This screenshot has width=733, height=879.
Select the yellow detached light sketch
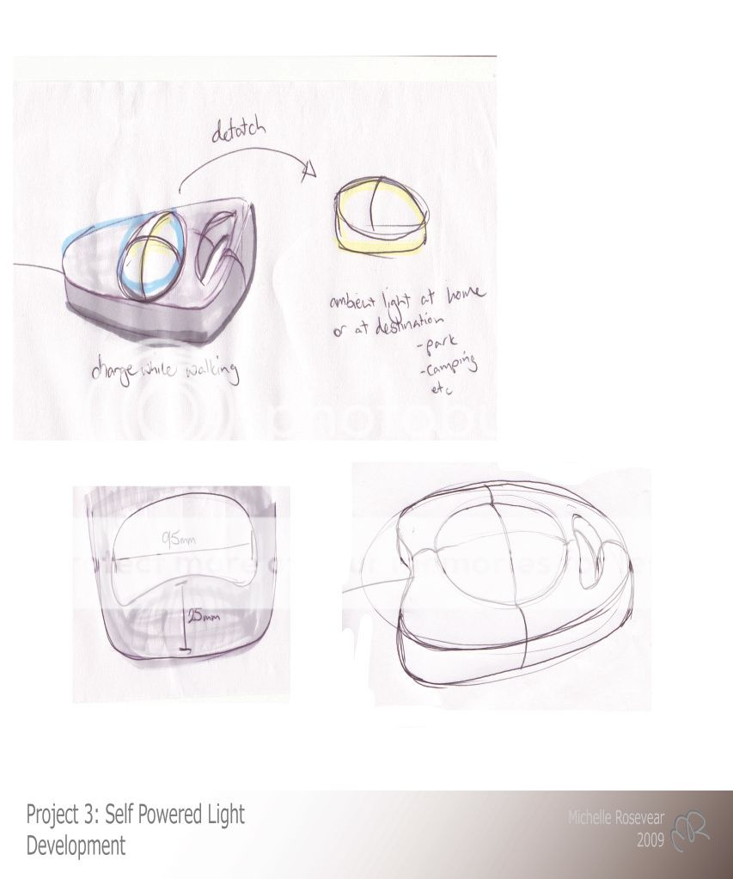tap(380, 217)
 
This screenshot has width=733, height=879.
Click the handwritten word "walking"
tap(203, 371)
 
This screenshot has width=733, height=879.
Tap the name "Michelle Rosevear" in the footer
tap(615, 818)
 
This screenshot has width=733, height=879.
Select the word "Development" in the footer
tap(76, 845)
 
